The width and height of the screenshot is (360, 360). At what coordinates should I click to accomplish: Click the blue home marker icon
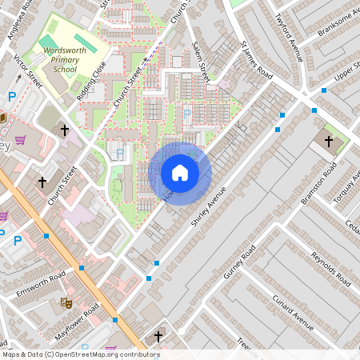click(180, 173)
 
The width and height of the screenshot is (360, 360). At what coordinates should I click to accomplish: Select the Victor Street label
click(29, 70)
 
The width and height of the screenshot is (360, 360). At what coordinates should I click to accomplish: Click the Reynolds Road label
click(331, 270)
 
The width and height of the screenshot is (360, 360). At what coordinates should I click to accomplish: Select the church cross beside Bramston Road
click(330, 142)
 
